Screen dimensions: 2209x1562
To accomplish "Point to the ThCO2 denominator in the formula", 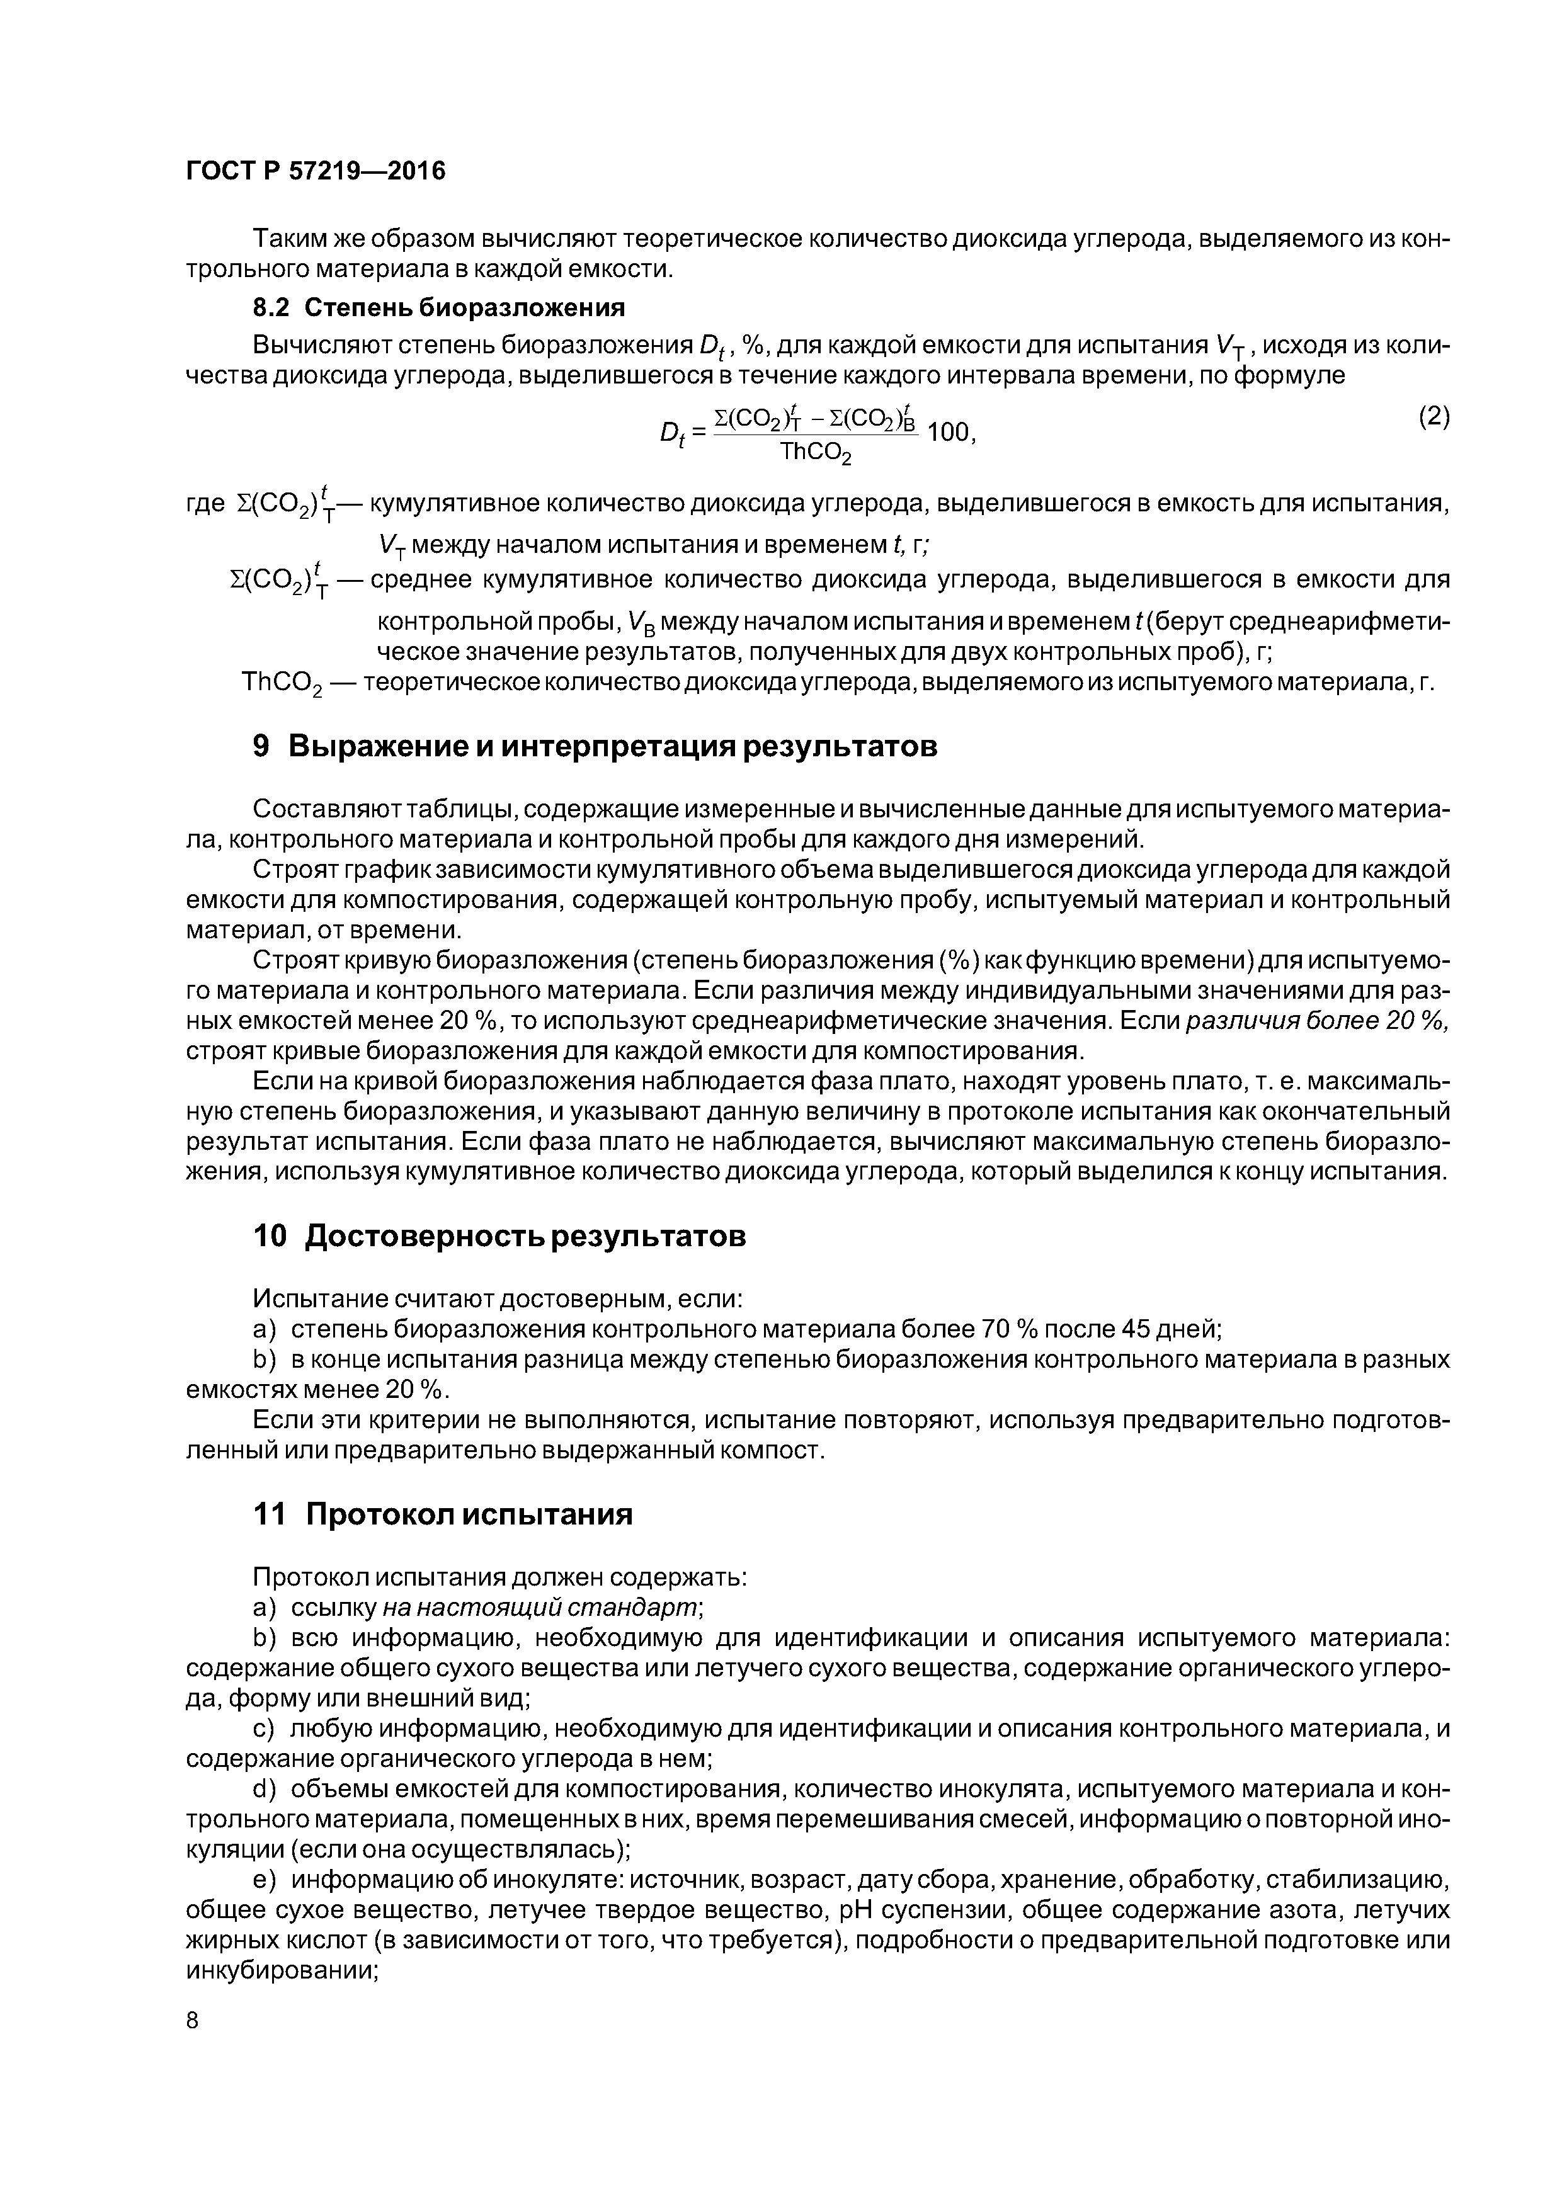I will [x=815, y=451].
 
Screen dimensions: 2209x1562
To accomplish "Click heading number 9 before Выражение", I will [x=261, y=747].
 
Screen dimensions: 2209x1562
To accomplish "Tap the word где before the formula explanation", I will [x=205, y=504].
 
